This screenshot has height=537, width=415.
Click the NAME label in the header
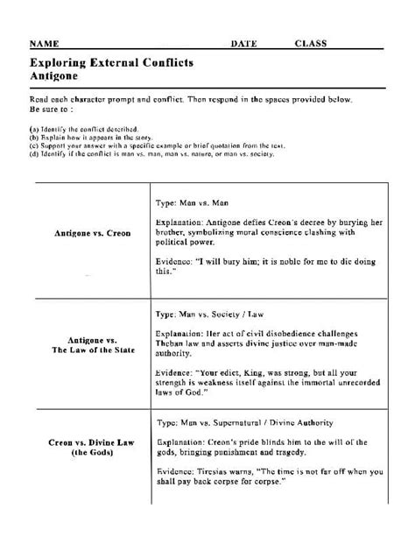pyautogui.click(x=45, y=43)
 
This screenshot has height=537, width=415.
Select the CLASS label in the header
pyautogui.click(x=311, y=43)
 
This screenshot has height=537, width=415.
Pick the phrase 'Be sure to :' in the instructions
pyautogui.click(x=49, y=111)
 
